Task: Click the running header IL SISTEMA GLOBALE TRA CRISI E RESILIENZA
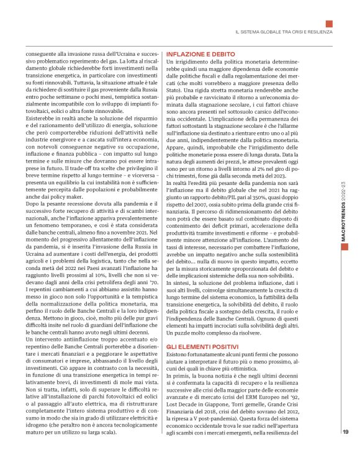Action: pyautogui.click(x=283, y=32)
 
